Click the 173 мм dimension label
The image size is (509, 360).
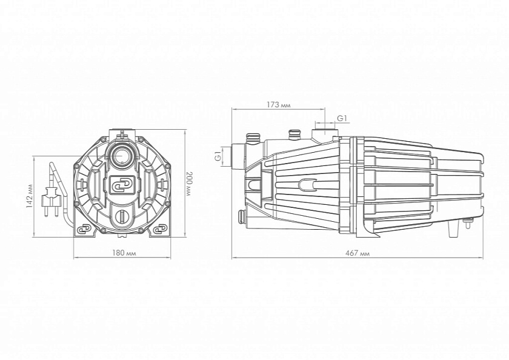point(279,105)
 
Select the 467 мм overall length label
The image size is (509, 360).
point(358,253)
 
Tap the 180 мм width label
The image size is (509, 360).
point(124,253)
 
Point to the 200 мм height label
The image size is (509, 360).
point(189,184)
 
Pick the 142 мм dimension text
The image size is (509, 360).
point(30,196)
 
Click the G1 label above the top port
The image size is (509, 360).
point(342,119)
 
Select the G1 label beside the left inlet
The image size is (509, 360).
point(218,156)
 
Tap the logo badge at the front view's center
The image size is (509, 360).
point(122,185)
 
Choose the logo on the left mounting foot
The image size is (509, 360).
point(84,230)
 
